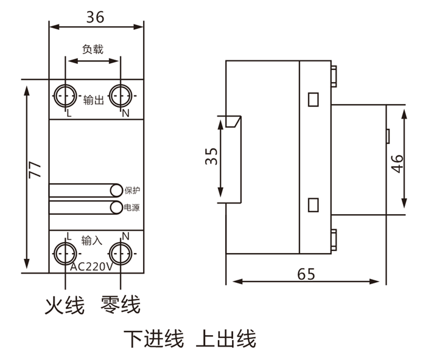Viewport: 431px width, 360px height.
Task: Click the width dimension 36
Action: (95, 17)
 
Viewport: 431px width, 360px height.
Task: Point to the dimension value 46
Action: (397, 163)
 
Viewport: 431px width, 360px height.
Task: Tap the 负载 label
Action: (93, 49)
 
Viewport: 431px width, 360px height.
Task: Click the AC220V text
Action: (93, 266)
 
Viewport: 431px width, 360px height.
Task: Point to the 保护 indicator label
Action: (132, 190)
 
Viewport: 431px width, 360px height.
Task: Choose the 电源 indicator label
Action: (132, 208)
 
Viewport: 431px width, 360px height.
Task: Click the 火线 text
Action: (65, 305)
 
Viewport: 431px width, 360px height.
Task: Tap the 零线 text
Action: (121, 305)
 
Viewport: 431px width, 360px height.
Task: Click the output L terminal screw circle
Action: (65, 95)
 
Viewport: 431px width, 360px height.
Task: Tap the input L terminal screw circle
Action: (65, 252)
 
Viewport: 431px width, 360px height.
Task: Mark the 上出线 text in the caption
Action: (226, 339)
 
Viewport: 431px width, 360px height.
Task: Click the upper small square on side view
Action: (314, 98)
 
